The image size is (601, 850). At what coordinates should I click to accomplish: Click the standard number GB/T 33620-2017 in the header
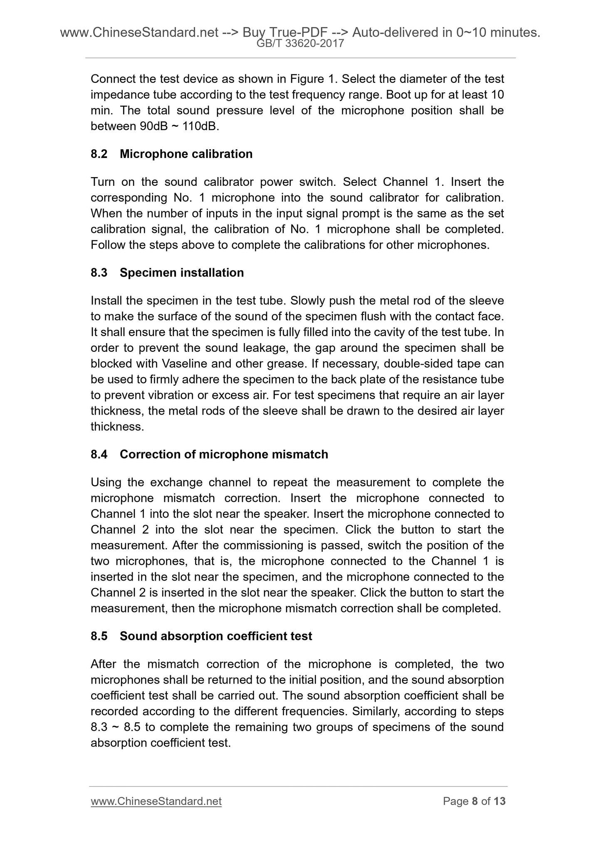[300, 43]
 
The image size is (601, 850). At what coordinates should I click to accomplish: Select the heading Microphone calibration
[186, 154]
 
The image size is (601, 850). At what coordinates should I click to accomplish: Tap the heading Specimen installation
[182, 272]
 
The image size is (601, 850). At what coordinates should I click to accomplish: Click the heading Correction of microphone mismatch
[224, 454]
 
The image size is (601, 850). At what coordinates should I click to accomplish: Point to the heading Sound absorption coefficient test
[216, 636]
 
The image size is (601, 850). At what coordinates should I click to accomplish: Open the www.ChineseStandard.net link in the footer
[156, 801]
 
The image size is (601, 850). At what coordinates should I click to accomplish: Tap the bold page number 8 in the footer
[475, 801]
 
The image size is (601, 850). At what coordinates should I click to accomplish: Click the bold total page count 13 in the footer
[500, 801]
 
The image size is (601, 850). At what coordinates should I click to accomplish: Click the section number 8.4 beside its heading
[99, 454]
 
